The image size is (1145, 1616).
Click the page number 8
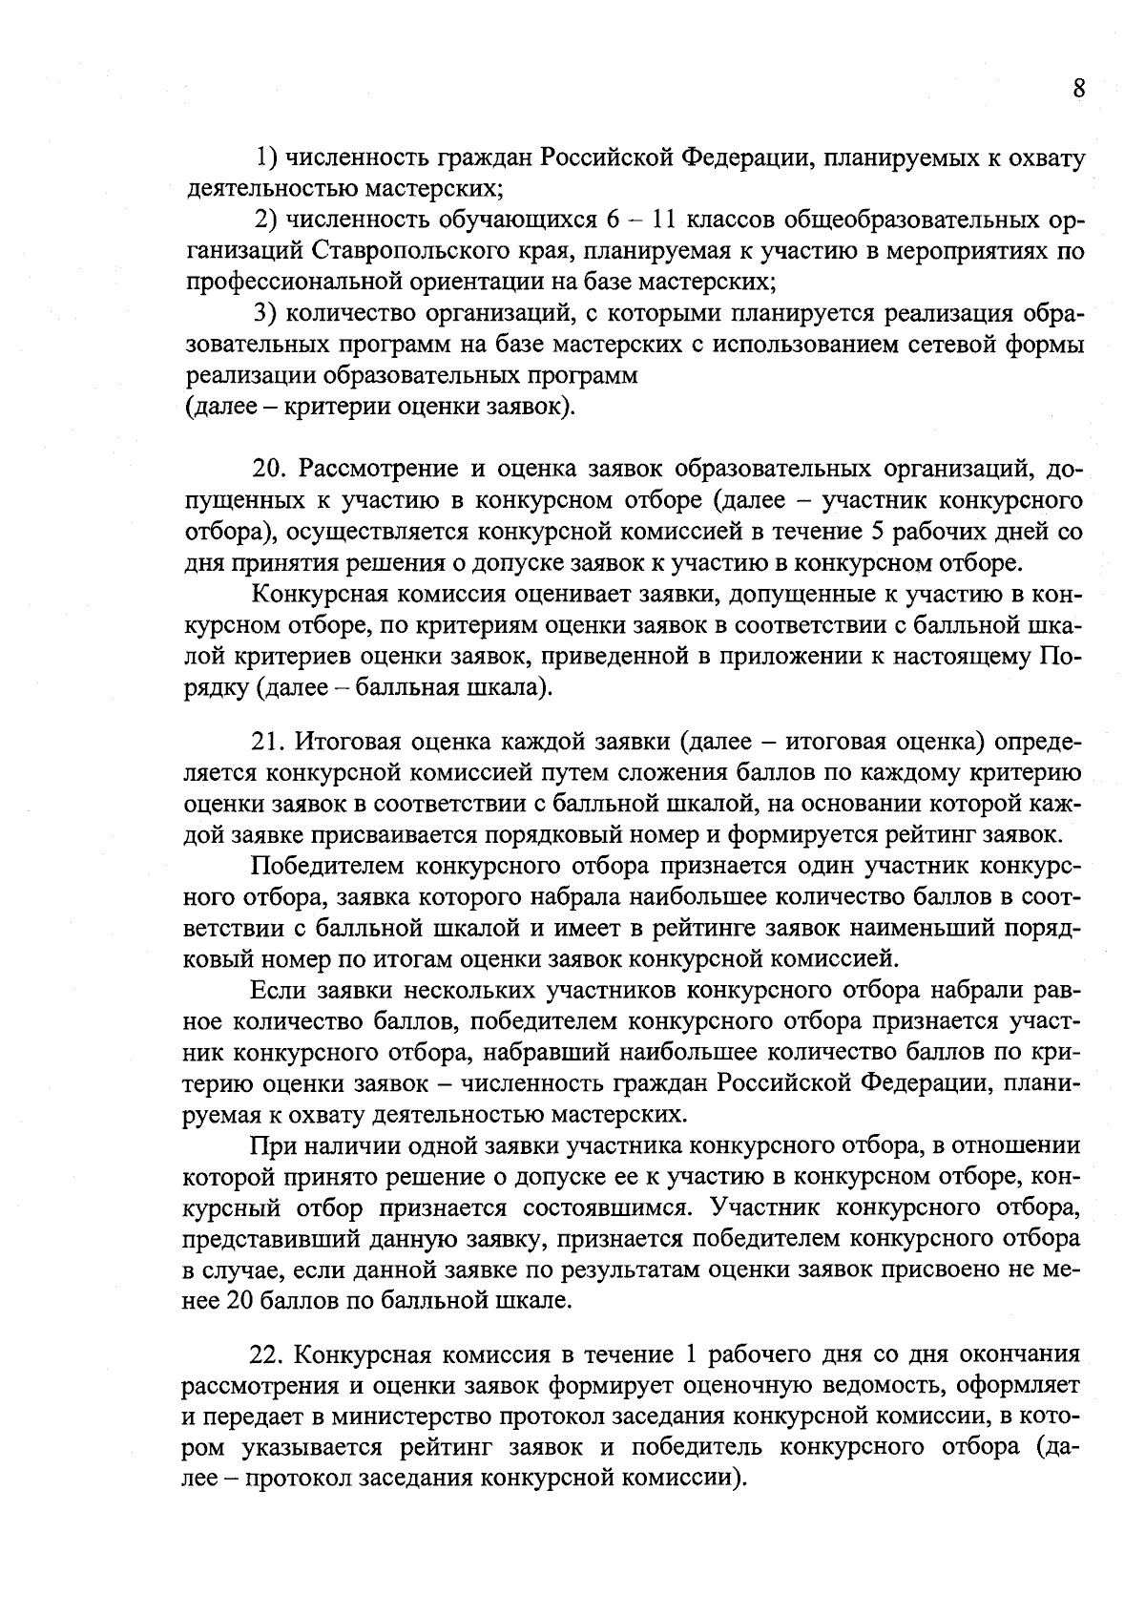pos(1078,89)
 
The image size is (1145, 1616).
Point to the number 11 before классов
pos(664,220)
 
